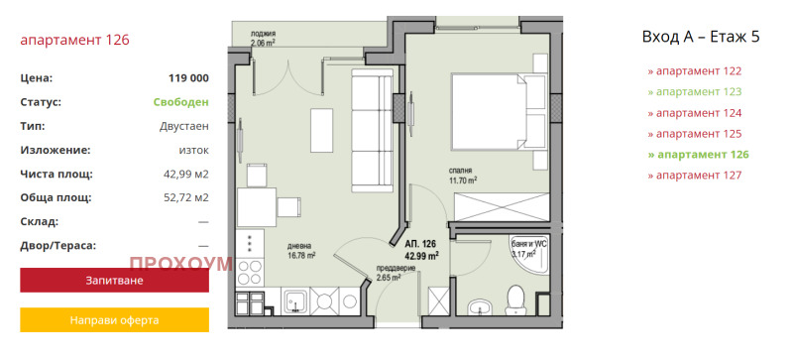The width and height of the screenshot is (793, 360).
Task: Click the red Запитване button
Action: (114, 280)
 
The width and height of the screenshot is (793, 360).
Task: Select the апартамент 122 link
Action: (695, 70)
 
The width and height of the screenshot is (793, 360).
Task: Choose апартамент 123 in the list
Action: (695, 91)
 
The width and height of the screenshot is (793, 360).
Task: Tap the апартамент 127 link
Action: (695, 176)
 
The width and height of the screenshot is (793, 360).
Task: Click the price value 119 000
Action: (188, 78)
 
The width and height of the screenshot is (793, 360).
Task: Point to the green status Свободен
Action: (181, 102)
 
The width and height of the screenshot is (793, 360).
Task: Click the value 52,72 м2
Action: (186, 197)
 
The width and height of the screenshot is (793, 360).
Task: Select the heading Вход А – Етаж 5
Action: (701, 37)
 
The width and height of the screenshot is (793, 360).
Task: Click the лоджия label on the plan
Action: (263, 35)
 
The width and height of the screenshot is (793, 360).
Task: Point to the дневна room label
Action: (297, 247)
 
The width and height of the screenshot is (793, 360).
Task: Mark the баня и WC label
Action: (529, 244)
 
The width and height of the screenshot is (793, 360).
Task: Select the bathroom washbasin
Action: (478, 306)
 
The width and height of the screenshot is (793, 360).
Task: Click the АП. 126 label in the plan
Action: (419, 244)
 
